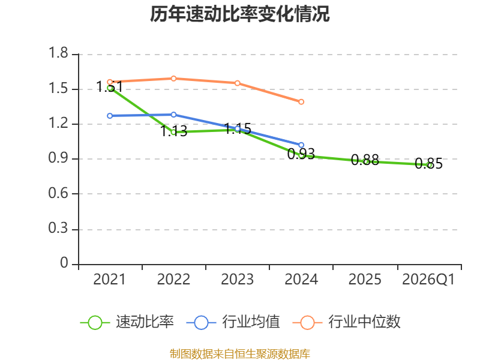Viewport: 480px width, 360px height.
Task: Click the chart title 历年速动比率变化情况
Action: point(239,14)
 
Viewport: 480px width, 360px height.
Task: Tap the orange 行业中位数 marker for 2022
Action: point(173,79)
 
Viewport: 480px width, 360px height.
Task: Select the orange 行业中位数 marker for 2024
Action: point(301,101)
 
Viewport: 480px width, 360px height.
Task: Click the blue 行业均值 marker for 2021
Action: point(110,116)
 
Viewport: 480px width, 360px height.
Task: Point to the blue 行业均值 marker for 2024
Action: point(301,145)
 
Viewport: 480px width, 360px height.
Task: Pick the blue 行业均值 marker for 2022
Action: point(173,115)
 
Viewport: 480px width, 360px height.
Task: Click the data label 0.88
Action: point(365,160)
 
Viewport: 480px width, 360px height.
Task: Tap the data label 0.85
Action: point(428,163)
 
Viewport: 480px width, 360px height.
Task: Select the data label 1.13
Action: point(173,131)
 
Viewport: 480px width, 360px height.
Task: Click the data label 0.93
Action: point(301,154)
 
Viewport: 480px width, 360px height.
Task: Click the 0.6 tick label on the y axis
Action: point(58,193)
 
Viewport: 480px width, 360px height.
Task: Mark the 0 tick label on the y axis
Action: point(64,263)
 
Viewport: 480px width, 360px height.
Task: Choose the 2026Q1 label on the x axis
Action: point(428,280)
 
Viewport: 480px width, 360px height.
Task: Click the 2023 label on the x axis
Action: point(237,280)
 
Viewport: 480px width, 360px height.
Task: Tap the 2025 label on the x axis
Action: point(365,280)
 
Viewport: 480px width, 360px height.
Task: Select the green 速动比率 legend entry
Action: point(127,322)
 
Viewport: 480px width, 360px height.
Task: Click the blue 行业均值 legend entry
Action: point(233,322)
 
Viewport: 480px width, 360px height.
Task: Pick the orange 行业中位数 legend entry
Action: point(347,322)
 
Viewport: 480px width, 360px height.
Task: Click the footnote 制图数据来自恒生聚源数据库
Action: point(240,354)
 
